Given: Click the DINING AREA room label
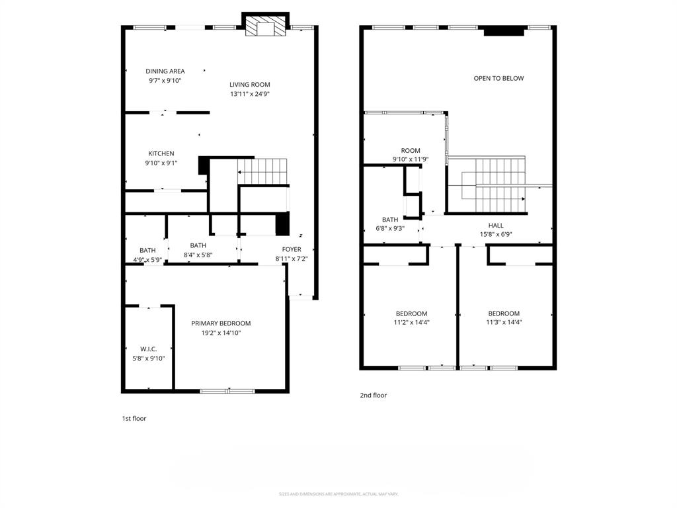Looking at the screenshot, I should click(165, 71).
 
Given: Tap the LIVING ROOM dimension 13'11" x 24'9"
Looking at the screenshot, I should click(250, 94).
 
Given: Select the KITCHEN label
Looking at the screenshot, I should click(161, 153).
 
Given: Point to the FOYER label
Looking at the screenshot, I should click(292, 249).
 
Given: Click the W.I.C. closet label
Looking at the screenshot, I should click(148, 349).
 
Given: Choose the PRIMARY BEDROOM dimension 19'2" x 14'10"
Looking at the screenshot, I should click(221, 333).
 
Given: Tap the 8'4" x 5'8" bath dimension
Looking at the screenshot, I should click(198, 255).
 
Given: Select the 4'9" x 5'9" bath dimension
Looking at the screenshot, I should click(147, 259).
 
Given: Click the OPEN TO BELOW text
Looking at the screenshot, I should click(498, 78).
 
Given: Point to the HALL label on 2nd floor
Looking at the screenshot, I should click(496, 226).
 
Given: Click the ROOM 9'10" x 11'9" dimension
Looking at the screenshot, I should click(411, 159).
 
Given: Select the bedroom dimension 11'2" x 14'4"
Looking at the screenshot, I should click(411, 323).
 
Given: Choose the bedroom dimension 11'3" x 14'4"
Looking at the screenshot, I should click(504, 323).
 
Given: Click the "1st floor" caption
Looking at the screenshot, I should click(134, 419).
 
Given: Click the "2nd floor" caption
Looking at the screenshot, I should click(374, 396).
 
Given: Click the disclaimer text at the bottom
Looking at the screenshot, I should click(338, 494).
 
